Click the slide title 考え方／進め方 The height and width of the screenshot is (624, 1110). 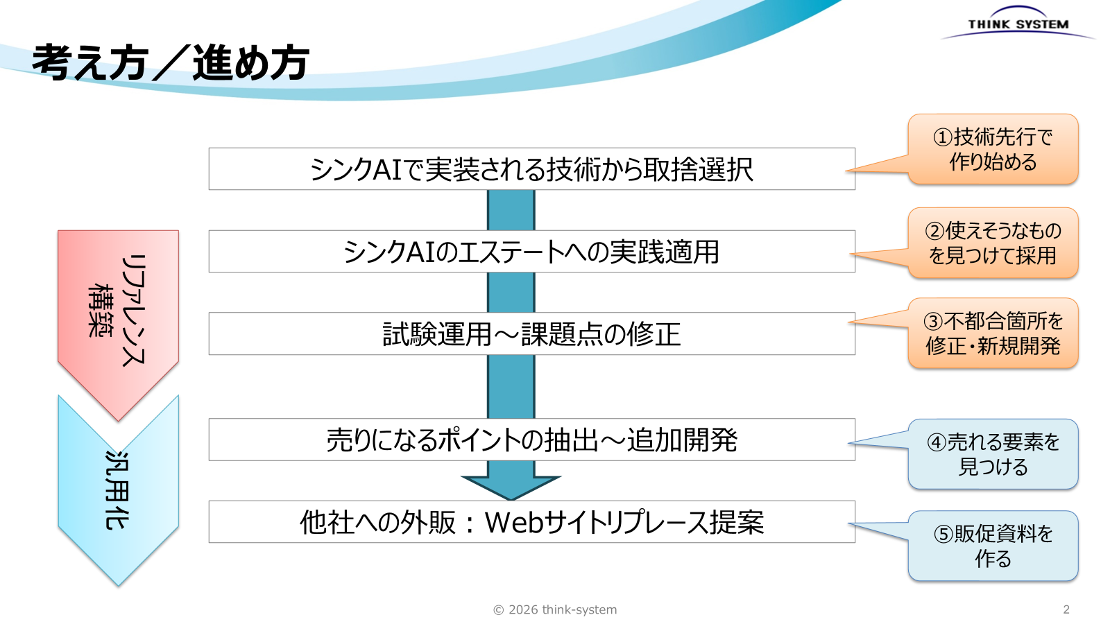click(171, 63)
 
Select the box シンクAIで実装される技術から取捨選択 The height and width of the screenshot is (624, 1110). click(531, 169)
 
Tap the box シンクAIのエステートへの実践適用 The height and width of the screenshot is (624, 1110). click(531, 252)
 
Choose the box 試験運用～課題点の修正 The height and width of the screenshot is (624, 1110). click(531, 333)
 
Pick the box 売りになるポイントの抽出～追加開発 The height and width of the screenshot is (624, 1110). click(531, 440)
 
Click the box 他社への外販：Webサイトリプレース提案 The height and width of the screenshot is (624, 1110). click(531, 522)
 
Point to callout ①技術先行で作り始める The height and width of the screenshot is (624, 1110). click(993, 149)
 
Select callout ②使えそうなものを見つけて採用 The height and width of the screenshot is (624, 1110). click(993, 243)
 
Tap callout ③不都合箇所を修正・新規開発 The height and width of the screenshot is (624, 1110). click(993, 333)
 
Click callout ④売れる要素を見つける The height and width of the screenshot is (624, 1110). click(993, 454)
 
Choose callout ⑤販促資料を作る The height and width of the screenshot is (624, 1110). click(993, 546)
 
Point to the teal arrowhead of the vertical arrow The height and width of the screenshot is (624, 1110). click(511, 488)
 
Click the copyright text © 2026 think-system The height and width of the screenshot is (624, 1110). click(555, 609)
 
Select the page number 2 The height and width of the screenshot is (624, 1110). click(1066, 609)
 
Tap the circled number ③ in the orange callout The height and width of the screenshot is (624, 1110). click(933, 322)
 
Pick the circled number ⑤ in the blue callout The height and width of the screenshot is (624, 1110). click(943, 535)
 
